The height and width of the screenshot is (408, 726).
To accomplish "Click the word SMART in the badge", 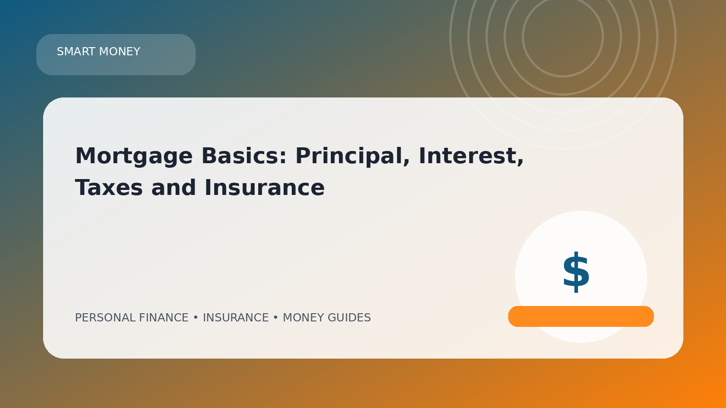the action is pos(76,52).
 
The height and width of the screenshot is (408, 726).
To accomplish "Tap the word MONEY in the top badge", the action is pos(120,52).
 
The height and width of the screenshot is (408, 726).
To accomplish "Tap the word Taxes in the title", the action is pos(109,188).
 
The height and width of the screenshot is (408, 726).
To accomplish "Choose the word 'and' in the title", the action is pos(173,188).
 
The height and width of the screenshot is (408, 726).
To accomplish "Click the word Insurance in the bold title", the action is pos(265,188).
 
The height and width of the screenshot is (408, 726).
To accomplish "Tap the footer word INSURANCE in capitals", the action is pos(235,318).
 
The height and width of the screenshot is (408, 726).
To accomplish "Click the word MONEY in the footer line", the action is pos(304,318).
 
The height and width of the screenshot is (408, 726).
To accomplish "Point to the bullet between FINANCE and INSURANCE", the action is pos(196,318).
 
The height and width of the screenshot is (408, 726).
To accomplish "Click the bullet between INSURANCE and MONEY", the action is pos(275,318).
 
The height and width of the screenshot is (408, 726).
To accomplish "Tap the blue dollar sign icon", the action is pos(576,272).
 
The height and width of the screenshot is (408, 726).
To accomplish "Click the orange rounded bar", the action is pos(581,316).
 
